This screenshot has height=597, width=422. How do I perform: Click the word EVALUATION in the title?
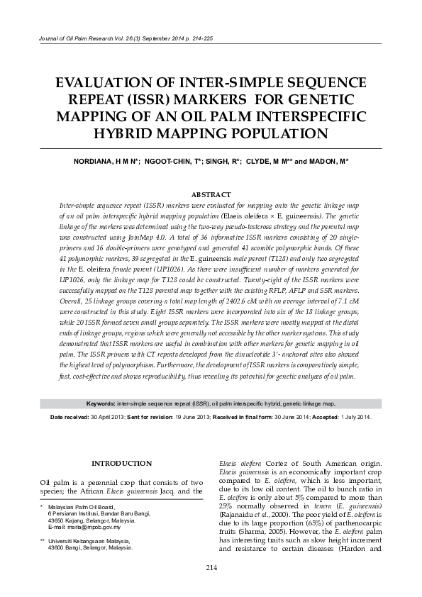pyautogui.click(x=105, y=82)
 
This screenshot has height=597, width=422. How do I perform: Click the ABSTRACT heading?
pyautogui.click(x=211, y=194)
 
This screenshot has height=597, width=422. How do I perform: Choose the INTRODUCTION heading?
pyautogui.click(x=122, y=463)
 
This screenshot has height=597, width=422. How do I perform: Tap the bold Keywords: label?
pyautogui.click(x=101, y=403)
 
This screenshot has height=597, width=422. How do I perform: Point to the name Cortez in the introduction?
pyautogui.click(x=270, y=463)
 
